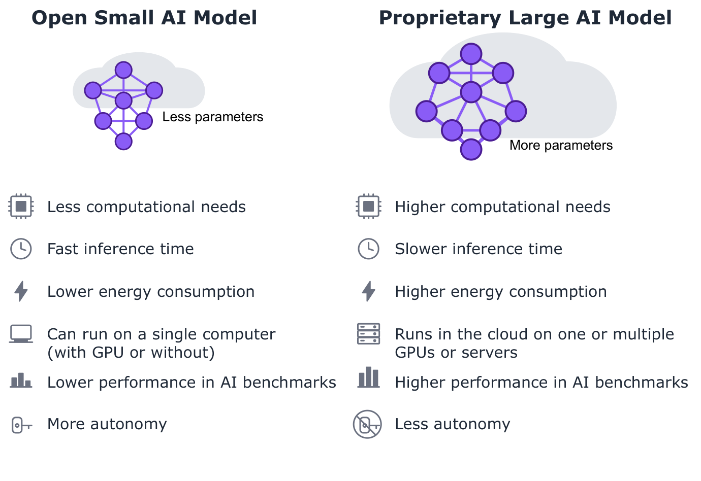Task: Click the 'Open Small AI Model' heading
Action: click(144, 18)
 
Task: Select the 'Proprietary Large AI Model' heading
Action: click(525, 18)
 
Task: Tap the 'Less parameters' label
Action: click(213, 117)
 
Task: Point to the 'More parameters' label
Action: click(561, 145)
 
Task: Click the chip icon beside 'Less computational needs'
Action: click(21, 207)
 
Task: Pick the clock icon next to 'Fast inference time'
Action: click(21, 249)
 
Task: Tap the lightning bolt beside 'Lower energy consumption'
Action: click(21, 291)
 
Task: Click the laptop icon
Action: click(21, 334)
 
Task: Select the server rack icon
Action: click(369, 334)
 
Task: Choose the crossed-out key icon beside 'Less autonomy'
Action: click(367, 425)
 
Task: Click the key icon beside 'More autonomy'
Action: click(22, 425)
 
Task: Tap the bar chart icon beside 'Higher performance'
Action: click(369, 377)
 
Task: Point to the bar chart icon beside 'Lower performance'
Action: click(21, 381)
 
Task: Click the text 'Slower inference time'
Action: click(479, 249)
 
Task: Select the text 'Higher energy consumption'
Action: click(501, 292)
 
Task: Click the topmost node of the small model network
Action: click(123, 70)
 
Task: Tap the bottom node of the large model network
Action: click(471, 149)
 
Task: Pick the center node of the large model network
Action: click(471, 92)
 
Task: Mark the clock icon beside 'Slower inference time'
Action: click(369, 249)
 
